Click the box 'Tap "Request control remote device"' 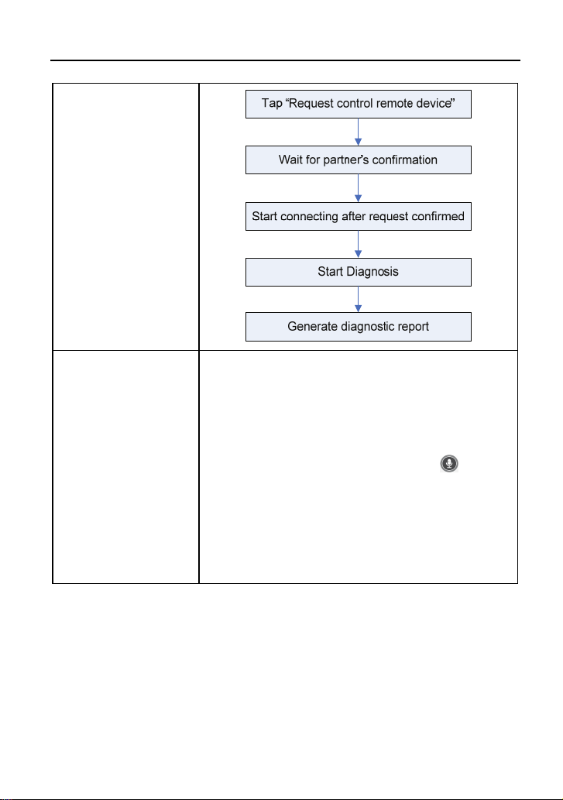[x=358, y=104]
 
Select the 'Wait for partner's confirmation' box [x=358, y=160]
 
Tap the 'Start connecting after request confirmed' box [x=358, y=216]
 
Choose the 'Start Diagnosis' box [x=358, y=272]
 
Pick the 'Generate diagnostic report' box [x=358, y=327]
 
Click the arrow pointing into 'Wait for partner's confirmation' [x=358, y=132]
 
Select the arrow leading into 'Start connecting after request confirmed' [x=358, y=188]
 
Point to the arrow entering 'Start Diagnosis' [x=358, y=245]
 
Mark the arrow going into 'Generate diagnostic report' [x=358, y=300]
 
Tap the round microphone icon [x=448, y=463]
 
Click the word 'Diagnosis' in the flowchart [x=372, y=271]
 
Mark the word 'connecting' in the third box [x=310, y=217]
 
